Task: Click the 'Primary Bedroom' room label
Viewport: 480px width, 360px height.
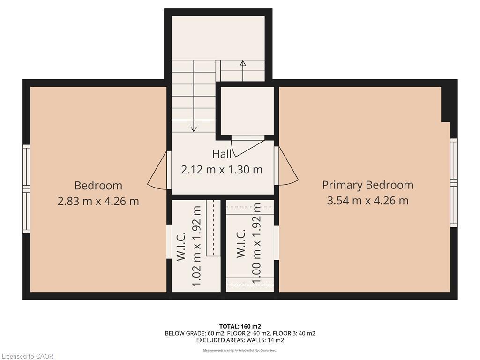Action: click(x=367, y=185)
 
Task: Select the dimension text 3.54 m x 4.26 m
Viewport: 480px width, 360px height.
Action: click(x=367, y=201)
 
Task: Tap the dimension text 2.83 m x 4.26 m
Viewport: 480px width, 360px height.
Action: click(x=98, y=201)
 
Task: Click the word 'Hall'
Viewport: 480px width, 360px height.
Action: click(x=222, y=154)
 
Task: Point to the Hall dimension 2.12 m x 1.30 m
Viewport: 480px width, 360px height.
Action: click(x=222, y=169)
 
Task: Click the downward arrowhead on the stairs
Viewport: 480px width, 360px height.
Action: click(x=194, y=128)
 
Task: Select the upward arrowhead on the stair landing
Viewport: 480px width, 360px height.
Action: click(x=242, y=63)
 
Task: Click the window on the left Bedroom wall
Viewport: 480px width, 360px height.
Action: click(x=27, y=188)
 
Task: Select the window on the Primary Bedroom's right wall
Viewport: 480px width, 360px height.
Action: click(x=453, y=183)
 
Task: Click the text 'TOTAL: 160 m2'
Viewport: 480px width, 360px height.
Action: click(x=240, y=326)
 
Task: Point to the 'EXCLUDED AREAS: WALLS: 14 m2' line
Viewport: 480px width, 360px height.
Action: click(x=240, y=340)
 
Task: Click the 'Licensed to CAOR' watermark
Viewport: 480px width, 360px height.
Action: click(x=27, y=356)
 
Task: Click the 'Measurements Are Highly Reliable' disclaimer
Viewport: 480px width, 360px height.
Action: click(x=240, y=350)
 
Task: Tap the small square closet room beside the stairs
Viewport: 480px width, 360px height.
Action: click(x=247, y=111)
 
